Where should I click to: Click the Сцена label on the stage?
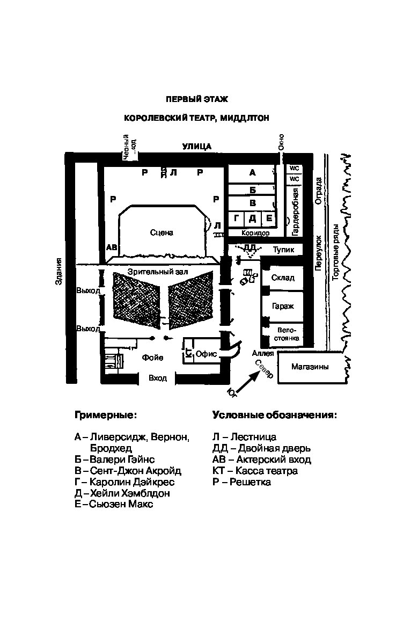162,232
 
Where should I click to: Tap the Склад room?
283,278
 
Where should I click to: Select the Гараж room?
283,307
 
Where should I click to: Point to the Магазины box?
310,367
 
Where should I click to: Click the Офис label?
206,354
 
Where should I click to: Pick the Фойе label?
153,358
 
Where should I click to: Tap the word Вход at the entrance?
158,378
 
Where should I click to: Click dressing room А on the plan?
252,173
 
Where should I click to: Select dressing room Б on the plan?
252,190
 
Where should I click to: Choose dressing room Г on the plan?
236,218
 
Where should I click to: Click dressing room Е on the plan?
268,218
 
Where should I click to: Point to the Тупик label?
284,250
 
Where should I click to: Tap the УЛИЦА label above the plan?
197,147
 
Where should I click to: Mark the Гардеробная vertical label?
295,212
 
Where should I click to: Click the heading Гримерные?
106,416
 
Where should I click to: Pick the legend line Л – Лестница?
245,437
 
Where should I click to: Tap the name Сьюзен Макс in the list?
121,504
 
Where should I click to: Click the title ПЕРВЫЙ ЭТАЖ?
197,99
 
